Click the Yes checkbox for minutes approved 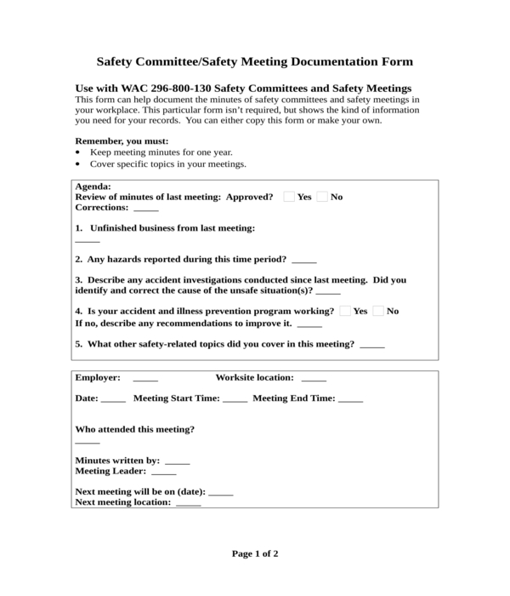click(x=289, y=197)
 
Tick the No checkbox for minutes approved click(x=322, y=197)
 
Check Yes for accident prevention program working click(x=345, y=311)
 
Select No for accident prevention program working click(x=378, y=311)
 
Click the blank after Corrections click(x=145, y=208)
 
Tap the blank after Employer click(x=145, y=378)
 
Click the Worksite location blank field click(x=313, y=378)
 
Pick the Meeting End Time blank click(x=350, y=398)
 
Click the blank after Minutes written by click(x=177, y=461)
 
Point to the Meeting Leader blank click(x=163, y=471)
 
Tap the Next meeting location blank click(x=188, y=502)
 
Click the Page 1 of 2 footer click(x=255, y=553)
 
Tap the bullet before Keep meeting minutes click(x=78, y=152)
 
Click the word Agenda click(x=93, y=186)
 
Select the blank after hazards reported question click(x=303, y=260)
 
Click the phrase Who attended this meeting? click(x=135, y=429)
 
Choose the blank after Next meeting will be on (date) click(x=220, y=492)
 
